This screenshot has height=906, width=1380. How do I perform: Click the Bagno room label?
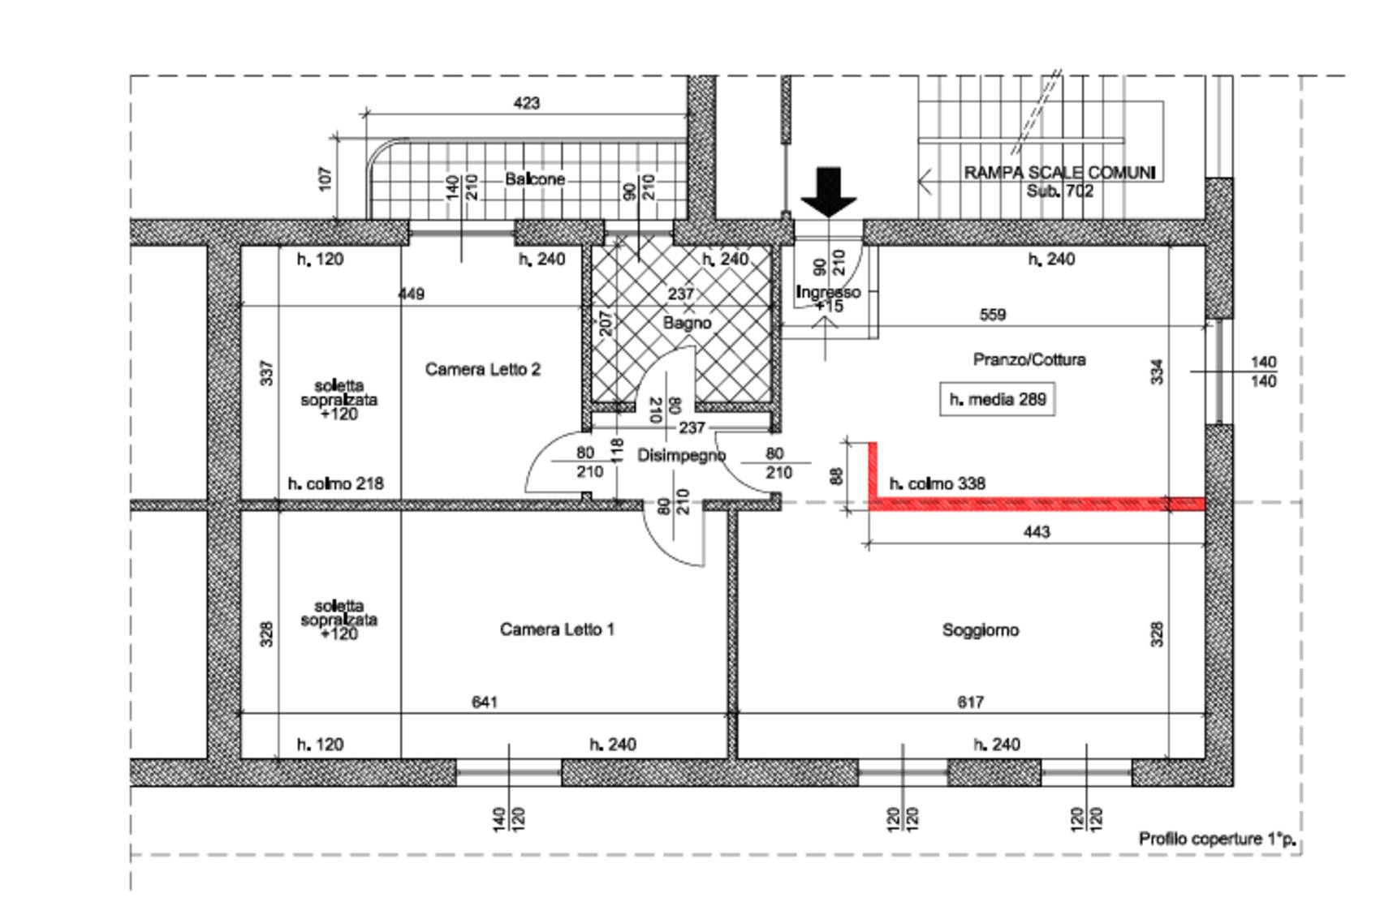click(x=687, y=323)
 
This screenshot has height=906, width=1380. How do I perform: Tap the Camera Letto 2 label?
click(x=483, y=369)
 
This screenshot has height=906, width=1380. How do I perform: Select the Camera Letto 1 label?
click(x=557, y=629)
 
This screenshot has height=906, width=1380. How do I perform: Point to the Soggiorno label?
click(x=980, y=630)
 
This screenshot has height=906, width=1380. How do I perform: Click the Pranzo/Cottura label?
click(x=1029, y=359)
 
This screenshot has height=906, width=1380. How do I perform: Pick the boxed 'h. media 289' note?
click(x=998, y=399)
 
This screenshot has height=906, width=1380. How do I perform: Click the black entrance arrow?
click(x=829, y=192)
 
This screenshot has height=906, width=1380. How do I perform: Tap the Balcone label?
click(x=535, y=179)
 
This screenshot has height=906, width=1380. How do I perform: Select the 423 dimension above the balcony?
click(x=527, y=103)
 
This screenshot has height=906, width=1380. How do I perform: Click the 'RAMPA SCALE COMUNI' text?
click(x=1059, y=173)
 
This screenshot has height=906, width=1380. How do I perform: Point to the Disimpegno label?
click(x=681, y=456)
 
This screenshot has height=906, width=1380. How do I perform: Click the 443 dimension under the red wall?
click(x=1037, y=532)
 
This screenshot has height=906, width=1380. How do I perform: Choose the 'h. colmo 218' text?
click(x=336, y=483)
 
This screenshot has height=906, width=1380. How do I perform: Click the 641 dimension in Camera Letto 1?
click(x=485, y=702)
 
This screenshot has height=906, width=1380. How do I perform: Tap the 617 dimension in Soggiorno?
click(x=970, y=702)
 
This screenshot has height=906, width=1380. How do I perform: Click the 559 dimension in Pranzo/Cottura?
click(x=993, y=315)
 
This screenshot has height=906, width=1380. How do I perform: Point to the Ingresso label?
click(x=828, y=292)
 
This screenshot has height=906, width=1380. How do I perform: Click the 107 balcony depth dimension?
click(x=326, y=179)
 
